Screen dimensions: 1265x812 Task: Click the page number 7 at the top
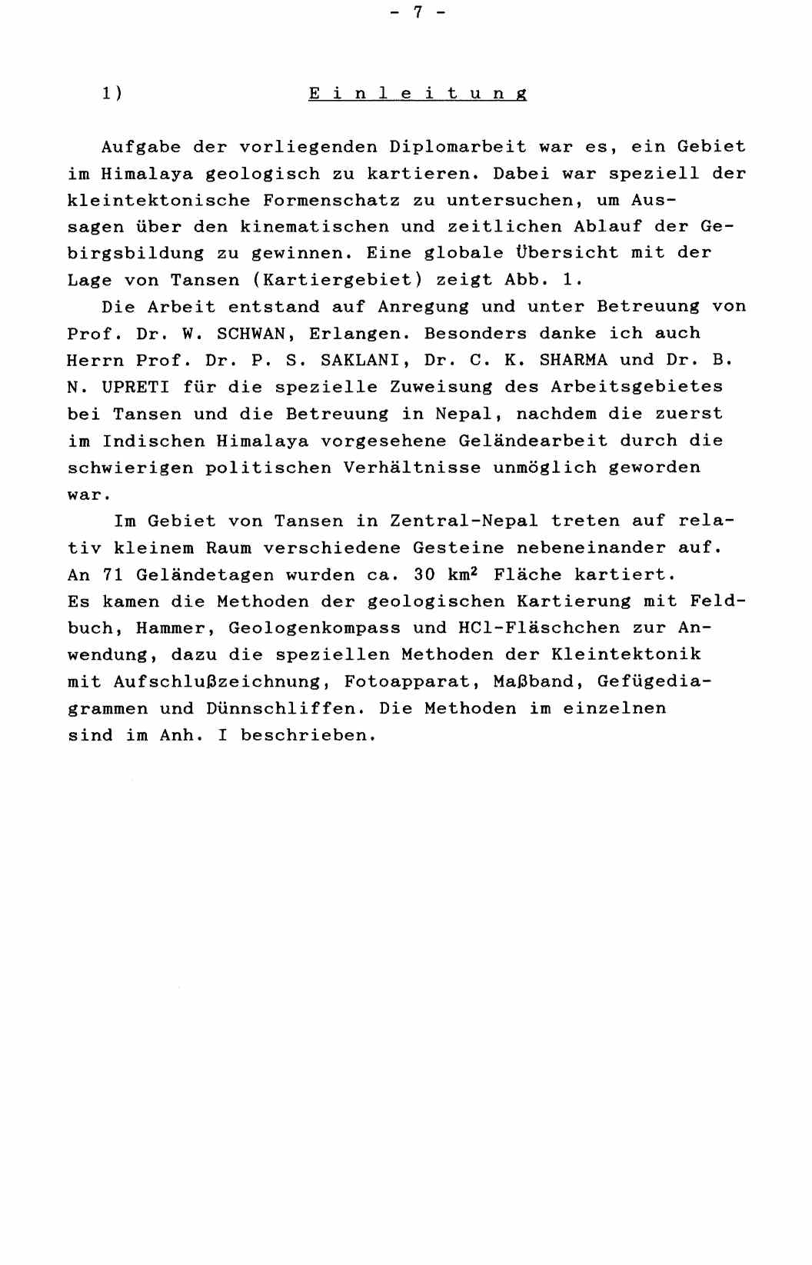coord(418,12)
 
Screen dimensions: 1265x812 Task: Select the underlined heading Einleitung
coord(418,94)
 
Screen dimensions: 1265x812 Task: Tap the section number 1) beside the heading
coord(112,94)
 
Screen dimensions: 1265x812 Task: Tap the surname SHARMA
coord(573,360)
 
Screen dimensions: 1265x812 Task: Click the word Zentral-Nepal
coord(464,521)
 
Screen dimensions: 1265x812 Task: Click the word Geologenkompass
coord(314,628)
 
